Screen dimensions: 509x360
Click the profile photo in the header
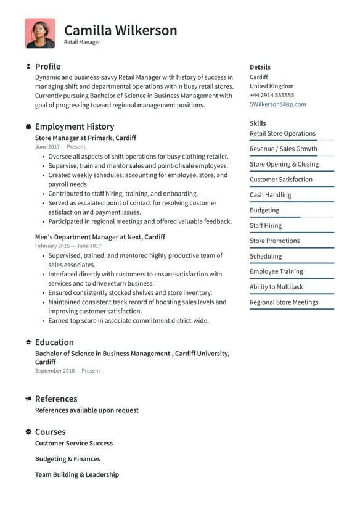coord(39,33)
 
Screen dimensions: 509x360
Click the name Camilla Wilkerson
coord(120,30)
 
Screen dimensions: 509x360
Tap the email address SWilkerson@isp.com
coord(277,104)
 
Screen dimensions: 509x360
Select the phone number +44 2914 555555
coord(271,95)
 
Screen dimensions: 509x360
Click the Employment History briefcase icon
coord(28,126)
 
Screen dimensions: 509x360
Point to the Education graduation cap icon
coord(28,342)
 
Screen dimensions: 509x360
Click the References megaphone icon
coord(28,399)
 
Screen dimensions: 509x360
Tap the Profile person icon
coord(28,67)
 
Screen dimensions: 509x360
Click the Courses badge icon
coord(28,432)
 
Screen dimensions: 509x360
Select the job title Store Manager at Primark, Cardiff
coord(85,138)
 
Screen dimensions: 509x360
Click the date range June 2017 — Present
coord(60,147)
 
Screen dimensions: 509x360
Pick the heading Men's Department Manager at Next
coord(100,237)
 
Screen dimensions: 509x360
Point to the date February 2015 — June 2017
coord(68,246)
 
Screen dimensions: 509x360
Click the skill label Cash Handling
coord(270,195)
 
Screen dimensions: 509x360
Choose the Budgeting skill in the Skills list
coord(264,210)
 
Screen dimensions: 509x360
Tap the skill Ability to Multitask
coord(276,287)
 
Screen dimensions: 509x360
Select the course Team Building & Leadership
coord(76,475)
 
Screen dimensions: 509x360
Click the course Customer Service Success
coord(73,443)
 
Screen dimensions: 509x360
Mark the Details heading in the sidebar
coord(260,67)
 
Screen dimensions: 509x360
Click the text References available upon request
coord(86,410)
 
